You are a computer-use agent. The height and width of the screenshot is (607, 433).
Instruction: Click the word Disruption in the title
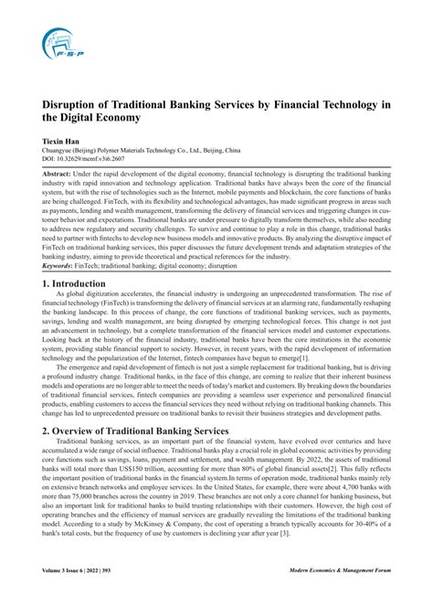click(x=72, y=106)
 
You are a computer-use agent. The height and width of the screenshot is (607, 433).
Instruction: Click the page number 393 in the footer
click(x=127, y=593)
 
